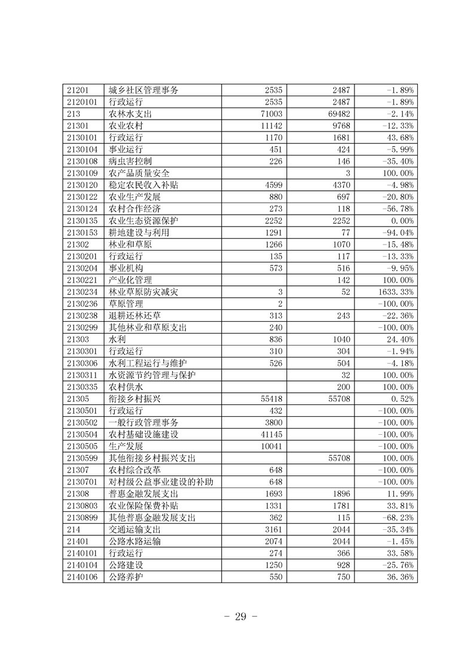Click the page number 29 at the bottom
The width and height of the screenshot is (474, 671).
coord(237,617)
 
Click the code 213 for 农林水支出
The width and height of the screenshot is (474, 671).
coord(74,114)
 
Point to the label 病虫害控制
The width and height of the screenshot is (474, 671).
coord(130,161)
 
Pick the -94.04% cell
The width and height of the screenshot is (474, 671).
coord(399,233)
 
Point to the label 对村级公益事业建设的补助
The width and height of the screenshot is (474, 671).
coord(161,482)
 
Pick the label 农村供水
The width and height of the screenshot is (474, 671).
coord(126,387)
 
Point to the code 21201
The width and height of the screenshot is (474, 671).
coord(78,90)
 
